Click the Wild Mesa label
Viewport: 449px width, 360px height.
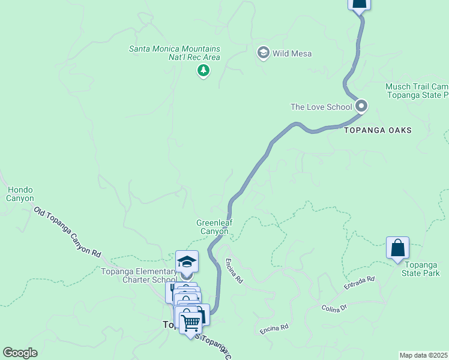[x=292, y=53]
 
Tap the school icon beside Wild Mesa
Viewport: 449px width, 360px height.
[x=263, y=53]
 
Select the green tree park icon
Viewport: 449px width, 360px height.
[x=203, y=71]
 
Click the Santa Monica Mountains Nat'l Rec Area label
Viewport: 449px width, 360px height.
[x=175, y=53]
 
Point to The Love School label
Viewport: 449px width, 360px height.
[x=321, y=107]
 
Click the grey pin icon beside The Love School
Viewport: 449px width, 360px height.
[x=361, y=106]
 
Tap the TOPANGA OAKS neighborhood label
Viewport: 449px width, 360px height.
[x=378, y=130]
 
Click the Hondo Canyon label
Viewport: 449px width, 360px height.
[x=20, y=194]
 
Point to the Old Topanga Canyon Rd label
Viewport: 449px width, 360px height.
[x=67, y=232]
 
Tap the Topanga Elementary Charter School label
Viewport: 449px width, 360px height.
[x=139, y=275]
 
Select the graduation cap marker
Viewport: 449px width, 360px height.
[x=187, y=262]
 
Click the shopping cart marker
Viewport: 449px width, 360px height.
[x=190, y=323]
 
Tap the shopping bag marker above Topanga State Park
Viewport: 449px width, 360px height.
[x=397, y=247]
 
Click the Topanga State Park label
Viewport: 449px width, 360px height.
[x=423, y=269]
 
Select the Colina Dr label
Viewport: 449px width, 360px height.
[x=334, y=308]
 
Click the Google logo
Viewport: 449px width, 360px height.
[x=20, y=353]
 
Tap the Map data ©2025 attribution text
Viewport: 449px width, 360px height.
[x=424, y=355]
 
